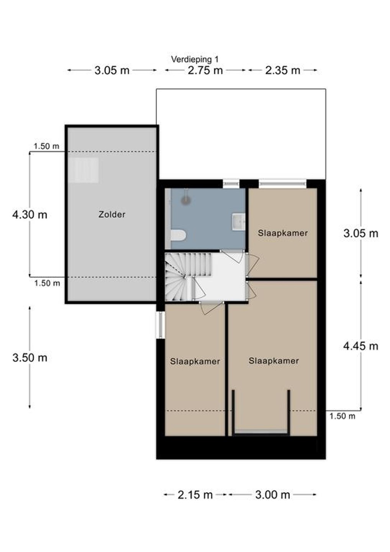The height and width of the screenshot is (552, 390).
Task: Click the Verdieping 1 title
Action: click(195, 59)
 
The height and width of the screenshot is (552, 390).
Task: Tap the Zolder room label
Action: click(112, 214)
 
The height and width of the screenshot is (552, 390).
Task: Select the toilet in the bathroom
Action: click(178, 235)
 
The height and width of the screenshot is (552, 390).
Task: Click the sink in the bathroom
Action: click(238, 222)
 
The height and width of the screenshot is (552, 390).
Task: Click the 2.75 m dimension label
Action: click(205, 71)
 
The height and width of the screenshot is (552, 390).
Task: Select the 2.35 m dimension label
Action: click(282, 71)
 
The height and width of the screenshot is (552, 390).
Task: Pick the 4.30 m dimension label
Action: click(29, 215)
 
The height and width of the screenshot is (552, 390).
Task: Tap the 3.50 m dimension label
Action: click(29, 358)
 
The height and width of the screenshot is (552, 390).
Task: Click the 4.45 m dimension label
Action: click(361, 346)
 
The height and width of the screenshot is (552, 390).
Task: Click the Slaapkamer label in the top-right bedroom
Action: click(283, 233)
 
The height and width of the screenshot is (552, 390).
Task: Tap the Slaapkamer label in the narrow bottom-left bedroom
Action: click(195, 361)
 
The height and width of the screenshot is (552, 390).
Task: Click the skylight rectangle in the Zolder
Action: click(84, 170)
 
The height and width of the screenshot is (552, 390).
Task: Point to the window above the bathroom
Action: click(231, 184)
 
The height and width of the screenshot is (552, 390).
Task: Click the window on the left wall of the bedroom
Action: click(161, 325)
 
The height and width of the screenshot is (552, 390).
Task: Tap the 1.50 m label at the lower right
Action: click(342, 416)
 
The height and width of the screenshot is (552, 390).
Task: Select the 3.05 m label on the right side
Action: click(361, 233)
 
